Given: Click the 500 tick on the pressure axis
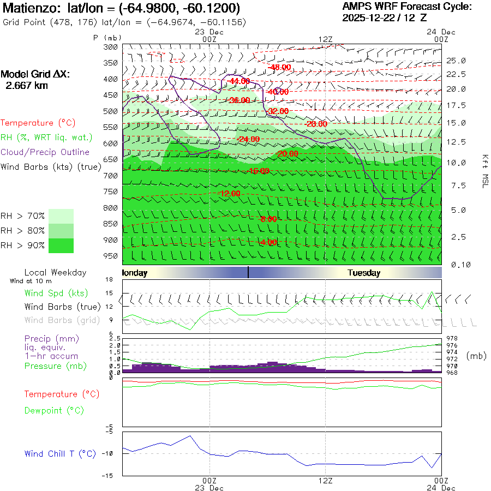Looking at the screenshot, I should (111, 111).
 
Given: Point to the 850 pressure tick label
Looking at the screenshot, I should (111, 224).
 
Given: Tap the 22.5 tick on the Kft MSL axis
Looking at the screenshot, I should (456, 74).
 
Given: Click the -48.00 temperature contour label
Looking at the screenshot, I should (280, 67).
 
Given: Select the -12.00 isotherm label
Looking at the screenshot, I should (229, 194).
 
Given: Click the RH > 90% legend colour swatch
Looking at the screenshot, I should (61, 245).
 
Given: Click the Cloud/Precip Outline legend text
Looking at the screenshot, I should (45, 152).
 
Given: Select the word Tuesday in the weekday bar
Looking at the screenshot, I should (364, 273).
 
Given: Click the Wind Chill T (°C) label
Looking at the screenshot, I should (60, 453).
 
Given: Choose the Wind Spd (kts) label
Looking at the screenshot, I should (56, 293).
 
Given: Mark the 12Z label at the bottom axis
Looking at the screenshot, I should (326, 481).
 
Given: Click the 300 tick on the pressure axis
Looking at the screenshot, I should (111, 47).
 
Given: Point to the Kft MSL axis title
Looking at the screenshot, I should (484, 171).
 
